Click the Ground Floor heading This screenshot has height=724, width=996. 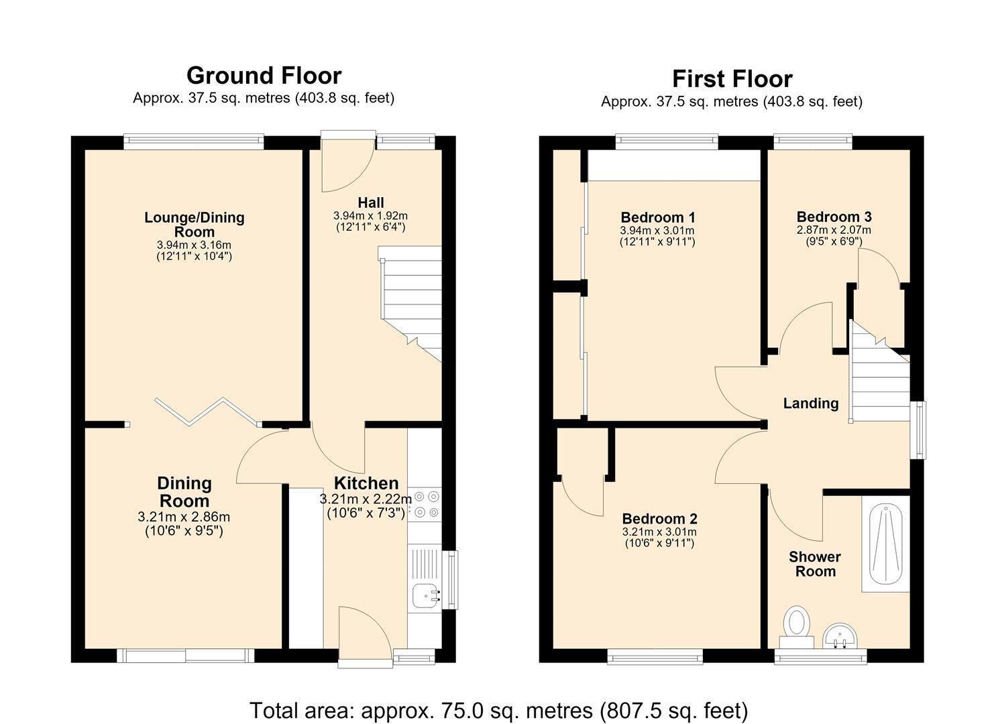[x=264, y=76]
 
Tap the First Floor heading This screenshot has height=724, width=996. [x=732, y=79]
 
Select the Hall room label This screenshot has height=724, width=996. [x=370, y=202]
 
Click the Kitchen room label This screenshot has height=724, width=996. [x=366, y=483]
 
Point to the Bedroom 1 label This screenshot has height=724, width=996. [x=657, y=217]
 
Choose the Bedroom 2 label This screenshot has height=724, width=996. [x=659, y=519]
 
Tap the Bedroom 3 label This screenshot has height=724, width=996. [x=834, y=217]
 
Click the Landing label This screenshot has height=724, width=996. [x=811, y=404]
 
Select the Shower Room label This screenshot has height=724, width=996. [x=815, y=564]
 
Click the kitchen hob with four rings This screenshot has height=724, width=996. [x=425, y=504]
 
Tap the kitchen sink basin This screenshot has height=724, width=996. [x=426, y=596]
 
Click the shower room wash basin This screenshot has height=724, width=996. [x=838, y=636]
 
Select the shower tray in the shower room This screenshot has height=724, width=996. [x=886, y=544]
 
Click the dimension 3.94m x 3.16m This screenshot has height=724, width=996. [x=194, y=245]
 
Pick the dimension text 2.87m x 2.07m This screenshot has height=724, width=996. [x=834, y=230]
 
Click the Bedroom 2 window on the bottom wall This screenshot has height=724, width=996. [x=655, y=656]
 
